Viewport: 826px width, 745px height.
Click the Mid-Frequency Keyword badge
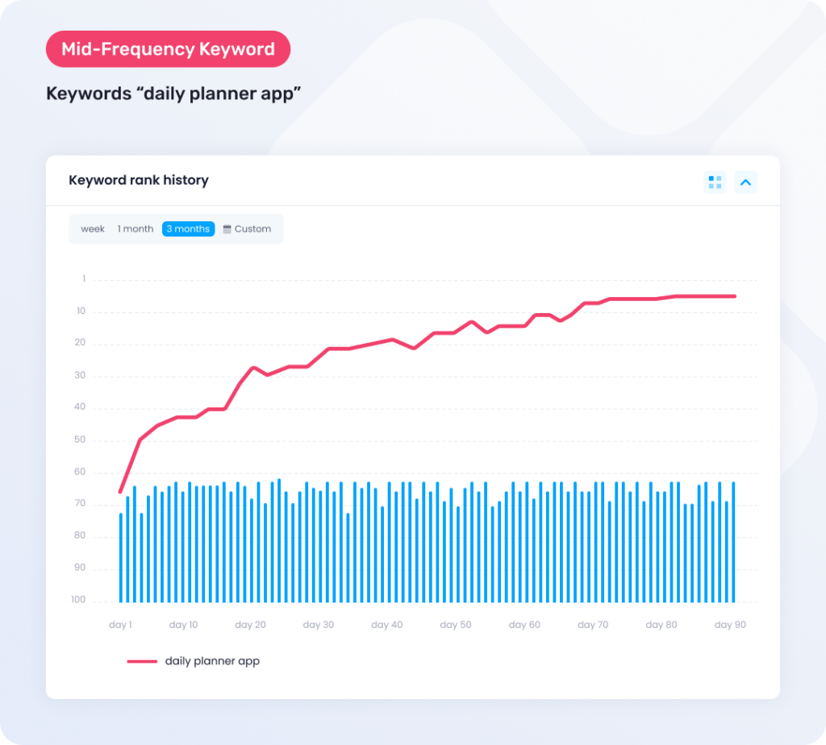[x=168, y=49]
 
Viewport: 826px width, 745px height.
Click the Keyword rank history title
[x=139, y=180]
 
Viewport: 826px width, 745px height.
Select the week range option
[x=93, y=229]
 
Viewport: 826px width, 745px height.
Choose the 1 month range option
[x=136, y=229]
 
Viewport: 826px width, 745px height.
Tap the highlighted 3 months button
[x=188, y=229]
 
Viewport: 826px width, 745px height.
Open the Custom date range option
[x=247, y=229]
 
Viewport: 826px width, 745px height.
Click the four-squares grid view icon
[x=715, y=182]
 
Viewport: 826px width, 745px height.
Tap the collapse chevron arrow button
[x=745, y=182]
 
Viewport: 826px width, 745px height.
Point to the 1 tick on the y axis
[x=83, y=279]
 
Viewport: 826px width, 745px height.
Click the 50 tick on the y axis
[x=79, y=440]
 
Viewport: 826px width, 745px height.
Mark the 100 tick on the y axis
[x=77, y=600]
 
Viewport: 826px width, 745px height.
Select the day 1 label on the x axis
[x=120, y=625]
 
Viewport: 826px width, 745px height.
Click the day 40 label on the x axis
[x=387, y=625]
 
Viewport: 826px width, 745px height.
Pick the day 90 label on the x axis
[x=730, y=625]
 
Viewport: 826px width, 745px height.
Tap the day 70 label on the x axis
[x=593, y=625]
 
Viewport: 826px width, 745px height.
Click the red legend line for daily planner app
[x=142, y=661]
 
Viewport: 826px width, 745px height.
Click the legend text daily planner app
[x=212, y=661]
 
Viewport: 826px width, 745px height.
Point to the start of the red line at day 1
[x=120, y=492]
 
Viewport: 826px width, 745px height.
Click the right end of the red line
[x=734, y=296]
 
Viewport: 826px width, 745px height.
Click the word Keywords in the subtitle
[x=86, y=94]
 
